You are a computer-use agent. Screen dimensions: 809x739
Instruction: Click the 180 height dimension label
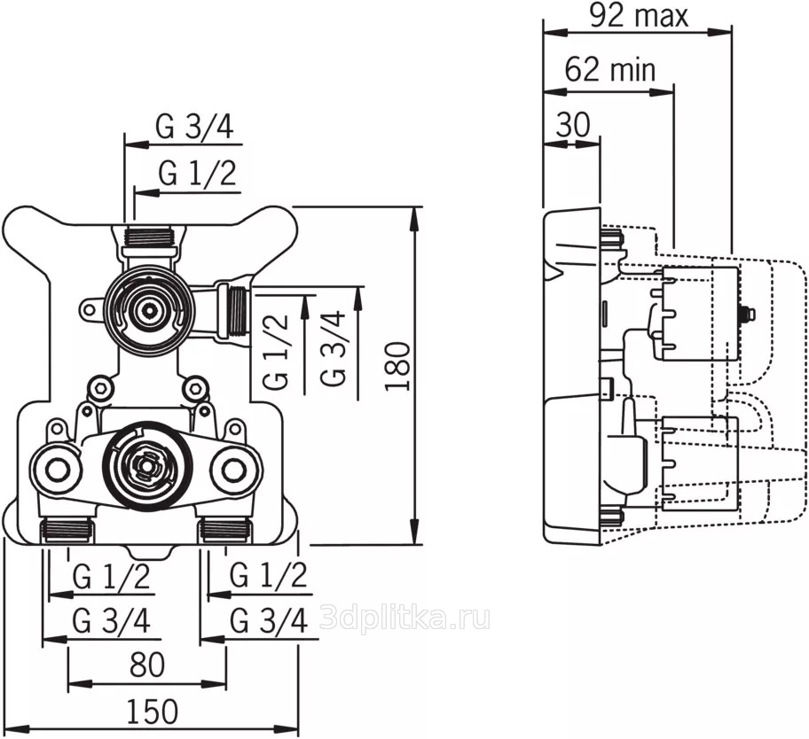pyautogui.click(x=398, y=367)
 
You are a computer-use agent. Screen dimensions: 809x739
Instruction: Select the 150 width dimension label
pyautogui.click(x=153, y=712)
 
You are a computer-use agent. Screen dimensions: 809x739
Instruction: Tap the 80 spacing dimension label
pyautogui.click(x=147, y=665)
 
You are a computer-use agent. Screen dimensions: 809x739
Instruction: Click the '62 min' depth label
pyautogui.click(x=609, y=70)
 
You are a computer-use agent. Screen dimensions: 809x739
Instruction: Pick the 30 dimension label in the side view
pyautogui.click(x=573, y=124)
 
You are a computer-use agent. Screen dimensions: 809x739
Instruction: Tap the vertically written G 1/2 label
pyautogui.click(x=276, y=352)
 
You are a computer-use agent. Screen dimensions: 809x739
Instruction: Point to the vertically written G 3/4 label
pyautogui.click(x=333, y=348)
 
